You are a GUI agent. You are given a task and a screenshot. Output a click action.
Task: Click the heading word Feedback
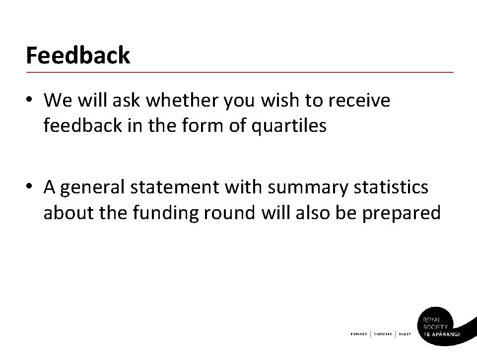tap(78, 55)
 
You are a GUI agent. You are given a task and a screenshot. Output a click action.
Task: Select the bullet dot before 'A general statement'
tap(30, 187)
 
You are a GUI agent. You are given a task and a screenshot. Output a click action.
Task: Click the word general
tap(96, 188)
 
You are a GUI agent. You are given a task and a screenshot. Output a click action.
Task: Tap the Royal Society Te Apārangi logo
tap(442, 325)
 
